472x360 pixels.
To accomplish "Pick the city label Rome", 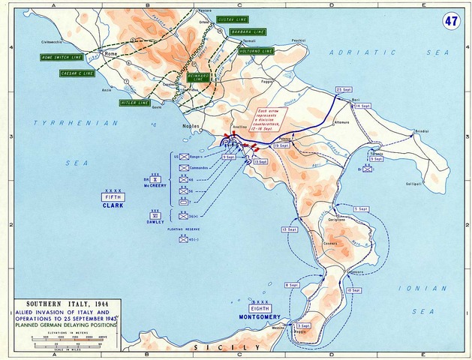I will (x=111, y=54).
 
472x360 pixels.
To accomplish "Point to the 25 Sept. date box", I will (x=344, y=88).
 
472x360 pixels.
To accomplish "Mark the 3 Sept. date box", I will (x=304, y=325).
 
